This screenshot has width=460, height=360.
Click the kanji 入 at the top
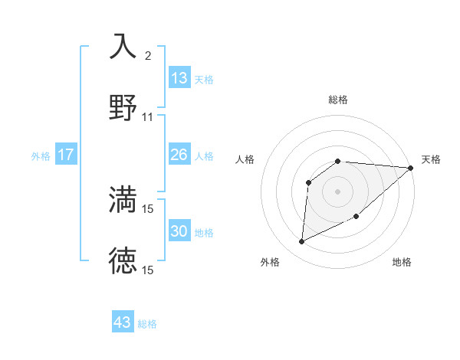point(123,46)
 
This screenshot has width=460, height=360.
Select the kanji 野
point(123,108)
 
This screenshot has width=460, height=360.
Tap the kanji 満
point(123,199)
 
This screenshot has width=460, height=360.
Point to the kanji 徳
point(123,260)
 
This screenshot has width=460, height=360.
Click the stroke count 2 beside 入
point(148,56)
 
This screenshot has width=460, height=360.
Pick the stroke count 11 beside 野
point(148,117)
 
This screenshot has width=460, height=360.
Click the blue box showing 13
point(179,79)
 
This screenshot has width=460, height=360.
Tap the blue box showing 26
point(179,155)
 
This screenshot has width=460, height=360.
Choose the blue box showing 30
point(179,231)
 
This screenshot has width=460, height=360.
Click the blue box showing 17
point(66,155)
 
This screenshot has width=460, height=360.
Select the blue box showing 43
point(123,322)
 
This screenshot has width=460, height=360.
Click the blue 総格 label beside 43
point(147,324)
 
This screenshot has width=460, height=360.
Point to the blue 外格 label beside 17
point(41,156)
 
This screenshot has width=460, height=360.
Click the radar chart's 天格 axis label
point(431,159)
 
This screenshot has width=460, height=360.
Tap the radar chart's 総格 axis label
point(338,100)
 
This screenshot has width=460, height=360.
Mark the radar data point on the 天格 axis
point(411,168)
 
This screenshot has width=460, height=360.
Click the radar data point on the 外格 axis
point(301,242)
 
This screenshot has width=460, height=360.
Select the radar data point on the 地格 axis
point(356,216)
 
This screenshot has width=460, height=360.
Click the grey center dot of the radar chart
point(338,191)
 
